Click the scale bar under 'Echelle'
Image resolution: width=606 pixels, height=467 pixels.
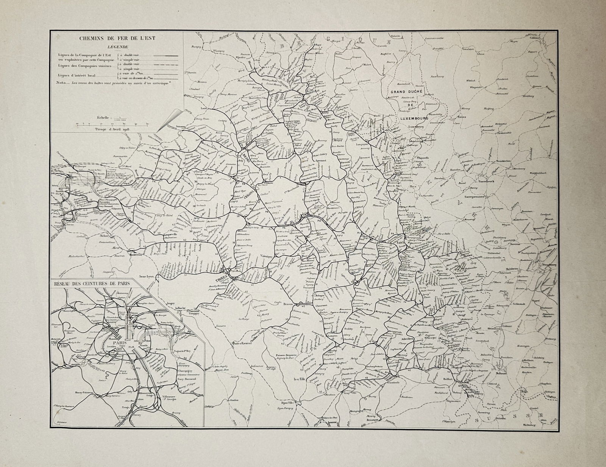pyautogui.click(x=112, y=124)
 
